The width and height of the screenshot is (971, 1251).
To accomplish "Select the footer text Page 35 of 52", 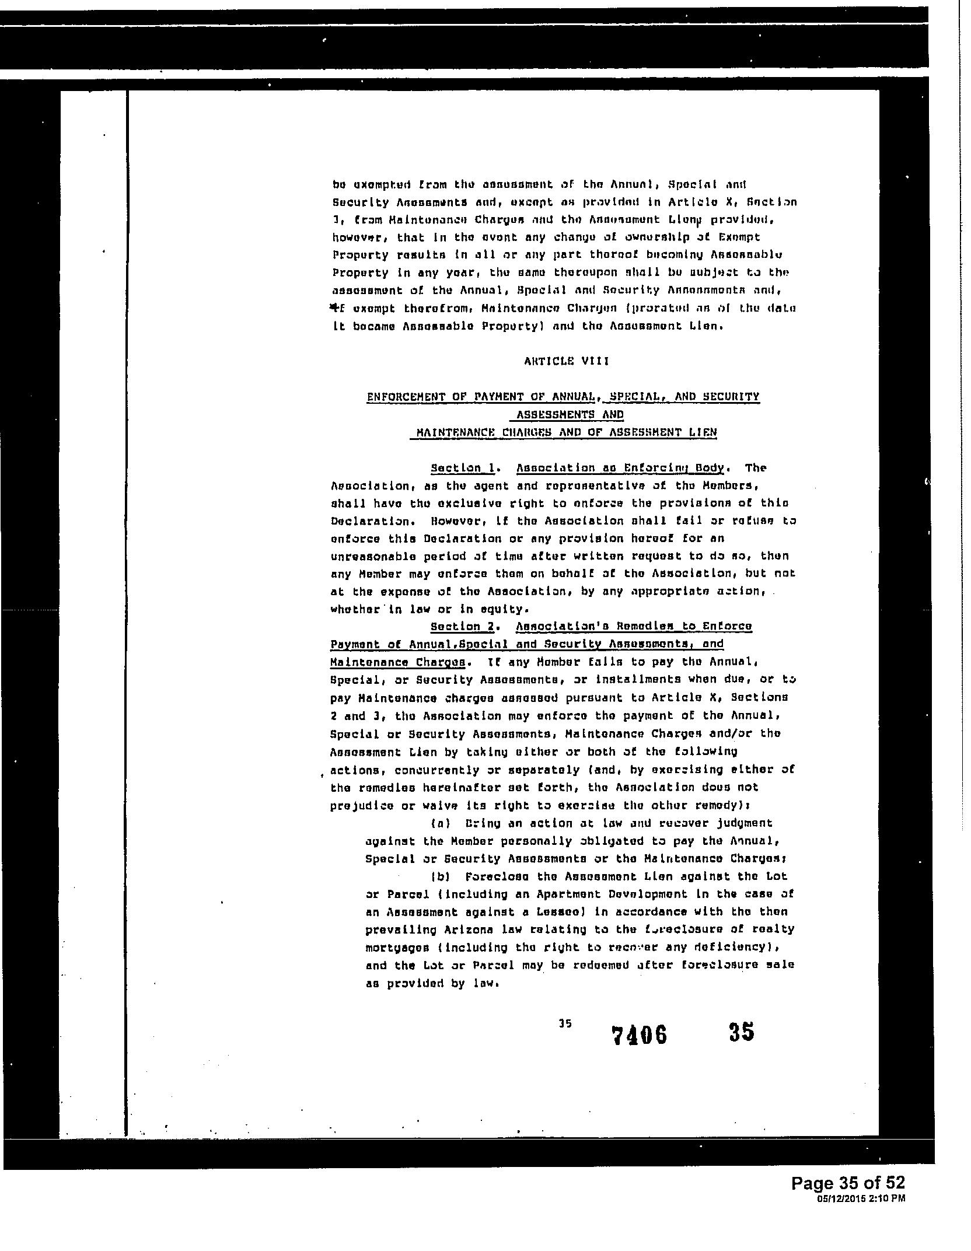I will pyautogui.click(x=848, y=1183).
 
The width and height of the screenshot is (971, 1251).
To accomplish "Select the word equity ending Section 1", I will pyautogui.click(x=508, y=609).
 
